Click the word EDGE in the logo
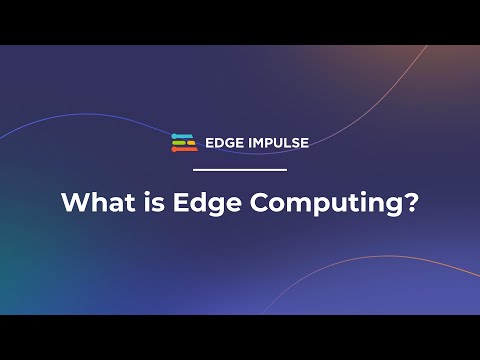(x=223, y=142)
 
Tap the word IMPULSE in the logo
(x=276, y=142)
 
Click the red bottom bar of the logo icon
(x=184, y=150)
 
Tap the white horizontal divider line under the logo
(x=240, y=170)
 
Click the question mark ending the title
(x=410, y=202)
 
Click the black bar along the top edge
(x=240, y=21)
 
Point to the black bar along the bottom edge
(x=240, y=337)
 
